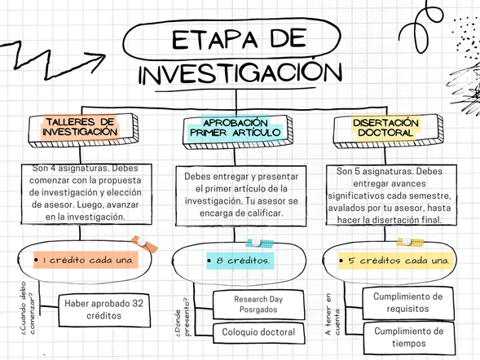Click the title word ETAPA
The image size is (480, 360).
coord(215,39)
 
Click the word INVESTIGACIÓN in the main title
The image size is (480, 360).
coord(240,72)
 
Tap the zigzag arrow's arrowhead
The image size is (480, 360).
coord(96,60)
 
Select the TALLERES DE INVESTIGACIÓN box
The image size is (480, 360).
coord(83,130)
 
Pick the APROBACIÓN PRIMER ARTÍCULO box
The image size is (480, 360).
coord(238,132)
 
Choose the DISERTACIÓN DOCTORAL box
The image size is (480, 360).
coord(388,131)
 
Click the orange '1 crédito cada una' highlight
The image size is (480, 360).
coord(86,260)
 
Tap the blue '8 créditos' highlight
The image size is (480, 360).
coord(240,261)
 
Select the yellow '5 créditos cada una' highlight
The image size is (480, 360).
coord(396,261)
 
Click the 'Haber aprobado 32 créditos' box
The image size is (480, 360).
coord(104,310)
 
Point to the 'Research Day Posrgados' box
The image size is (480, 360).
coord(258,305)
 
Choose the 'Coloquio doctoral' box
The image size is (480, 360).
coord(258,333)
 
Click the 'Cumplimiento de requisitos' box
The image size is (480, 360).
coord(408,303)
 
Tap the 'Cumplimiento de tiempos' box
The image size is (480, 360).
coord(409,337)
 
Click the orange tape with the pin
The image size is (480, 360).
coord(144,244)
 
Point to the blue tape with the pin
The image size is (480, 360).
coord(259,243)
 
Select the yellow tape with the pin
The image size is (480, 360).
coord(410,242)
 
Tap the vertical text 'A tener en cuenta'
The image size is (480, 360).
coord(332,314)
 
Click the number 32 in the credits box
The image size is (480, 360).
coord(138,304)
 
